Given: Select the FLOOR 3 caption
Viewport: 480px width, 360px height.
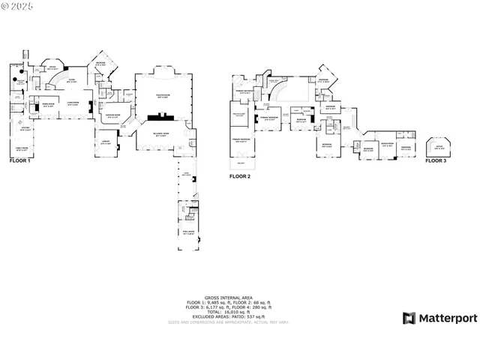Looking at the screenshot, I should [x=436, y=160].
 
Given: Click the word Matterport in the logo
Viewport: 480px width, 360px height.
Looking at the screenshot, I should [x=447, y=319].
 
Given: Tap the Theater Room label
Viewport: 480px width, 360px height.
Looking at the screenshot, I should [x=163, y=95].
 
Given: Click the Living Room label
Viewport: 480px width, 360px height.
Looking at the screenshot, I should [x=73, y=103].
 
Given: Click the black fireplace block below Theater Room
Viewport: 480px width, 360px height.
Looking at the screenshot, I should [x=162, y=116].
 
